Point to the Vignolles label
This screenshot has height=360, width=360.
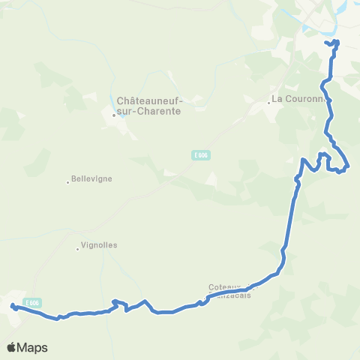pyautogui.click(x=100, y=245)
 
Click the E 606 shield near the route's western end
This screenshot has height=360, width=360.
pyautogui.click(x=31, y=302)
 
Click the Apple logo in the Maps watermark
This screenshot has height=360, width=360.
pyautogui.click(x=12, y=347)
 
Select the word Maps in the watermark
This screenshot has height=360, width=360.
pyautogui.click(x=33, y=347)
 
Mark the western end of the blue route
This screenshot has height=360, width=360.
pyautogui.click(x=13, y=305)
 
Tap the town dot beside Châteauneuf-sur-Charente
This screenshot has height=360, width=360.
pyautogui.click(x=113, y=115)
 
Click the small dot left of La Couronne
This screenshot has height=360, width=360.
pyautogui.click(x=268, y=103)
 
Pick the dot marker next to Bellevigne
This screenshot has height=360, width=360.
pyautogui.click(x=67, y=181)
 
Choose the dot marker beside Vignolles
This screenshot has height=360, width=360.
pyautogui.click(x=78, y=248)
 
